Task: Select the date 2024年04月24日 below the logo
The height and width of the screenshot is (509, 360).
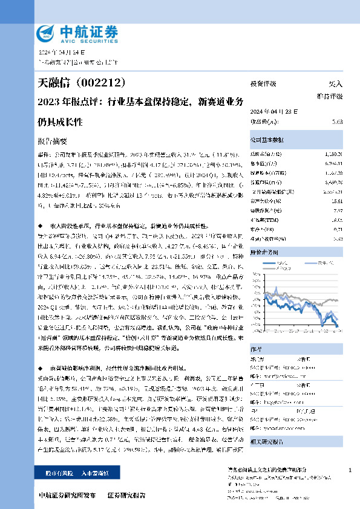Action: coord(57,53)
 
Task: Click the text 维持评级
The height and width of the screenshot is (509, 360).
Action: coord(330,96)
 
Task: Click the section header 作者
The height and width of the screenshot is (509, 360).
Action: coord(255,349)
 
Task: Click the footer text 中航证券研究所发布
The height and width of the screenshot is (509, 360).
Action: coord(66,495)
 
